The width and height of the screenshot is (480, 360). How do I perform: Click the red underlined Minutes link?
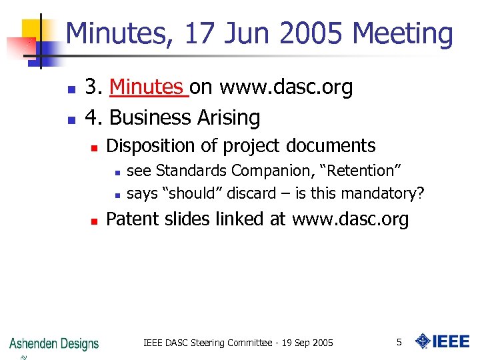tap(147, 87)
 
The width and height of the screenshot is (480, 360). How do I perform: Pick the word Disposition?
tap(147, 146)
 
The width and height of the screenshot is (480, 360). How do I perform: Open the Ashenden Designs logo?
tap(53, 344)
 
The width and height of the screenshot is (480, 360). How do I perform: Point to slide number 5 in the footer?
tap(399, 342)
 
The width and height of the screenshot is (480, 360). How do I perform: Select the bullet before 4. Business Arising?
tap(71, 119)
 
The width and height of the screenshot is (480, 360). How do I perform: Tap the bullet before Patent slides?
tap(95, 220)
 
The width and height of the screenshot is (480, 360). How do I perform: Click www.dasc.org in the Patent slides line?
tap(350, 219)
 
